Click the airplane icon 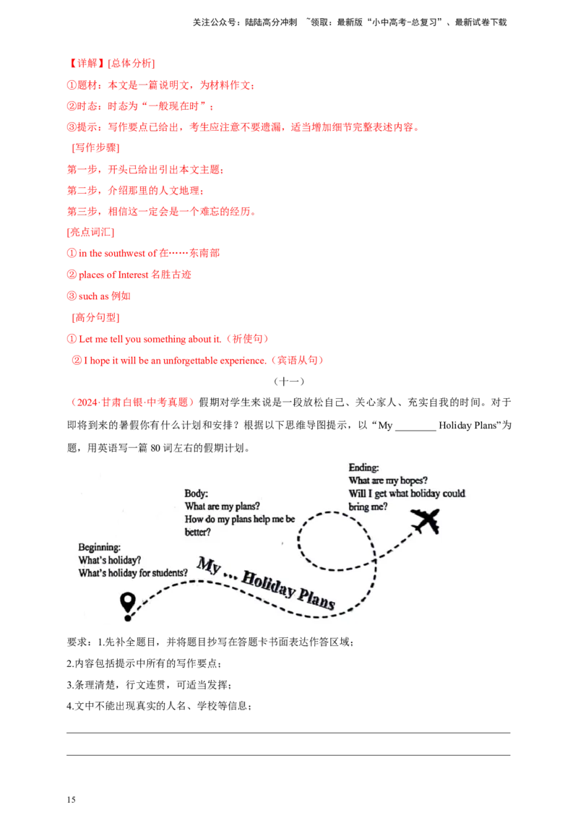click(x=425, y=521)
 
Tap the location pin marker click(x=128, y=601)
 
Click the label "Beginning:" click(x=100, y=547)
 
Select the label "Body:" click(x=197, y=494)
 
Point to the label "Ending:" click(x=364, y=468)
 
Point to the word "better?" click(x=198, y=533)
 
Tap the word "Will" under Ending click(x=357, y=494)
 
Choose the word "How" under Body click(x=195, y=520)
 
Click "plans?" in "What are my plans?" click(x=246, y=507)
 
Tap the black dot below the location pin click(x=128, y=618)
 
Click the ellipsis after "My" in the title click(x=230, y=571)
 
